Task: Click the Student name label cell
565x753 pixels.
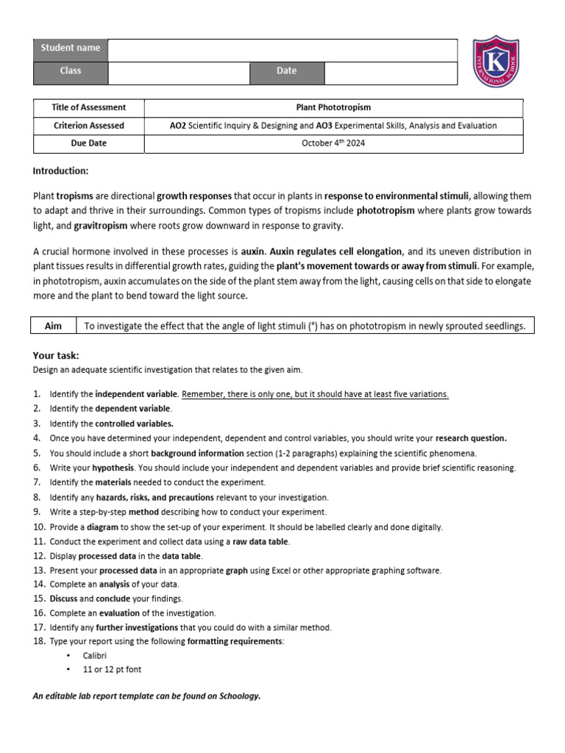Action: coord(71,49)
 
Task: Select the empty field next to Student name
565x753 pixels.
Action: coord(282,49)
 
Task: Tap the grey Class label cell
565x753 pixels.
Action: coord(71,71)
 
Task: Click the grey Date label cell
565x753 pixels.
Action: coord(287,71)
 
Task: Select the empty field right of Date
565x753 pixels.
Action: coord(391,72)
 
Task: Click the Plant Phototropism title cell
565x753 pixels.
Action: coord(333,107)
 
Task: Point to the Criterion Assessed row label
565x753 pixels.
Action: coord(89,126)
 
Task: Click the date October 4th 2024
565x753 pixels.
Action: coord(333,143)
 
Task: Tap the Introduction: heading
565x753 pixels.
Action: coord(60,171)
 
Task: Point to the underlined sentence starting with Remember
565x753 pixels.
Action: coord(315,395)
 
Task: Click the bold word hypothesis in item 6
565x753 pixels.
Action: coord(114,468)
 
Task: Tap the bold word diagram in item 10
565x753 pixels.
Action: coord(102,527)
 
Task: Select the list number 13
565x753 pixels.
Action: coord(39,571)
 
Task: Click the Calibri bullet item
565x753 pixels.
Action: coord(95,656)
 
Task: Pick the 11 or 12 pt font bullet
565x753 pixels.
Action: coord(112,671)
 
